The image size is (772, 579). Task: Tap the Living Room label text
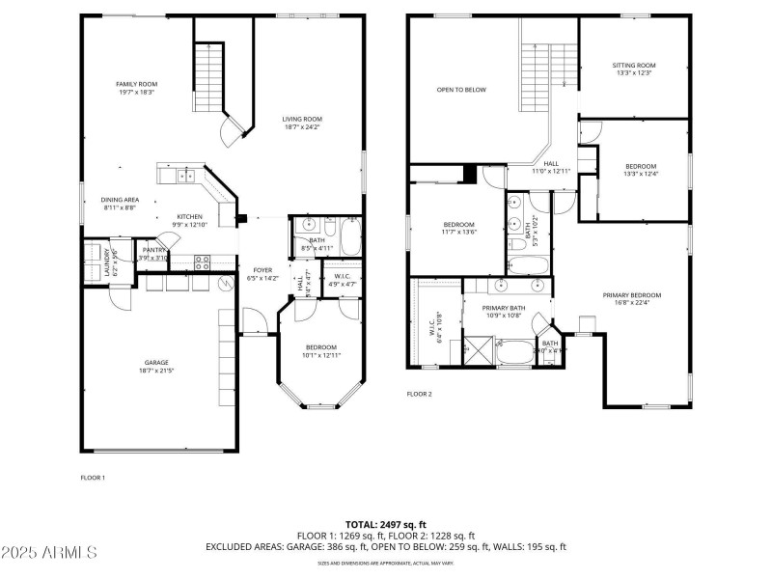[x=302, y=123]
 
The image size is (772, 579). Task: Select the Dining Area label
[x=121, y=204]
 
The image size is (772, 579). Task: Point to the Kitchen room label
[x=189, y=220]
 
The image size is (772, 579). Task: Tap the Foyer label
[x=262, y=274]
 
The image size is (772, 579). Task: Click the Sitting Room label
[x=633, y=69]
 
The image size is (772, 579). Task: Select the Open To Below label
[x=461, y=90]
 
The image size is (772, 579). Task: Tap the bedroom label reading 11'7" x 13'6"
[x=459, y=228]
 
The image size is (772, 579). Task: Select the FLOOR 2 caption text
[x=419, y=394]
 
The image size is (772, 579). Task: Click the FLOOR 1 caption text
[x=93, y=477]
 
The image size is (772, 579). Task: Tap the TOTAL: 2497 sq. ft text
[x=385, y=522]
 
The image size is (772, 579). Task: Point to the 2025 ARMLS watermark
[x=49, y=553]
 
